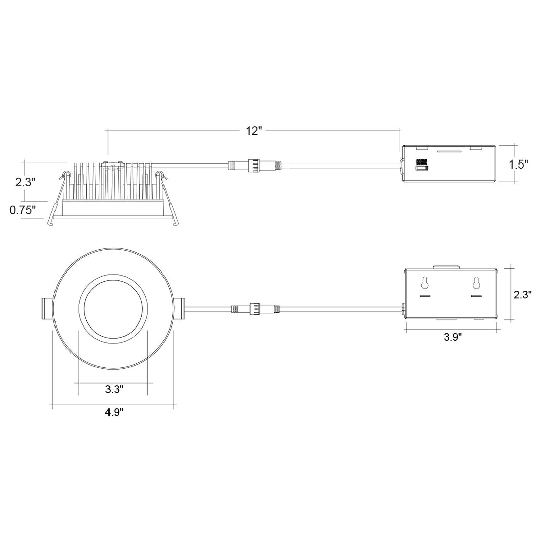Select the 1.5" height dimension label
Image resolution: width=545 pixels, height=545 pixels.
(x=518, y=165)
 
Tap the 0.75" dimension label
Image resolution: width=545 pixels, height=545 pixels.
(x=23, y=210)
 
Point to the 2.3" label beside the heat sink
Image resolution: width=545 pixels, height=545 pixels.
(x=25, y=182)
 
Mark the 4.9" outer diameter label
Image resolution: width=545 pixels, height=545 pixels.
(x=114, y=412)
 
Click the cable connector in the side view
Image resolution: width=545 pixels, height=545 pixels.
(x=252, y=165)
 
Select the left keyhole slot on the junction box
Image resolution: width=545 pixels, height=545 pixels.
(x=425, y=283)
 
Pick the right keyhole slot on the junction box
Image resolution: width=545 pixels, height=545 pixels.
(x=476, y=283)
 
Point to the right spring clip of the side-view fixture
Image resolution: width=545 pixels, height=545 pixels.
(x=161, y=177)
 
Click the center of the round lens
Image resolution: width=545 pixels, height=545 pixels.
(x=114, y=308)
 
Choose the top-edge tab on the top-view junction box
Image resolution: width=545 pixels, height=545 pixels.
(x=447, y=266)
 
